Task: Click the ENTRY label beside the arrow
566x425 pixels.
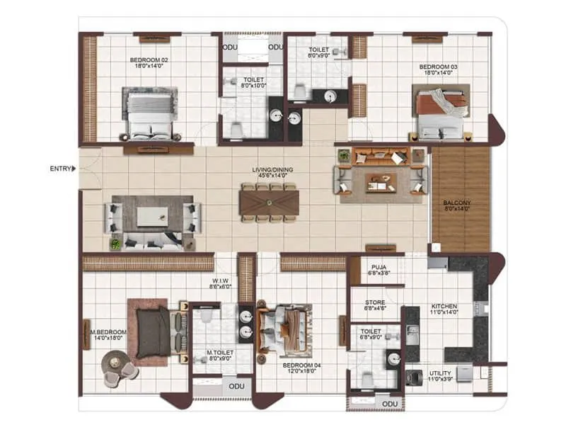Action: (x=60, y=169)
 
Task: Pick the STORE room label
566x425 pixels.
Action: (x=374, y=305)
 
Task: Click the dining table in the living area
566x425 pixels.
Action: (x=270, y=203)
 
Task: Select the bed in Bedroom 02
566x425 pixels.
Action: (x=150, y=113)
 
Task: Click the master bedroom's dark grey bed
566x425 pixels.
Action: (x=153, y=331)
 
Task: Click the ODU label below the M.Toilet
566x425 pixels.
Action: (x=233, y=387)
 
